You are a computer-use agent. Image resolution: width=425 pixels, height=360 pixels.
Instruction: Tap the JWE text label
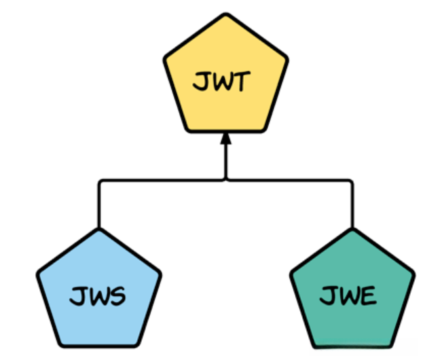click(x=348, y=297)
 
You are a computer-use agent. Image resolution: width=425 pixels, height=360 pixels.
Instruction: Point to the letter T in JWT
click(x=242, y=84)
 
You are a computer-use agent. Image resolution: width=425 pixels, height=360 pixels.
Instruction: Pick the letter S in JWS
click(x=117, y=297)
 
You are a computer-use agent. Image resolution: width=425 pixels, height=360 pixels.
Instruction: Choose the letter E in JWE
click(x=368, y=297)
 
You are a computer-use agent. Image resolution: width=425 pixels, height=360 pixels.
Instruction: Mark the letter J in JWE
click(x=327, y=297)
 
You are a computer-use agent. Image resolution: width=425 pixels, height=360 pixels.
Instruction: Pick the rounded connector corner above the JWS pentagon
click(x=101, y=182)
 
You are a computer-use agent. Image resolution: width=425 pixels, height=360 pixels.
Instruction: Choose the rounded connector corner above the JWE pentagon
click(x=350, y=182)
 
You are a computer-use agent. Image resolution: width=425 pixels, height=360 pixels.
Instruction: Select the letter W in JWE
click(x=347, y=298)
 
